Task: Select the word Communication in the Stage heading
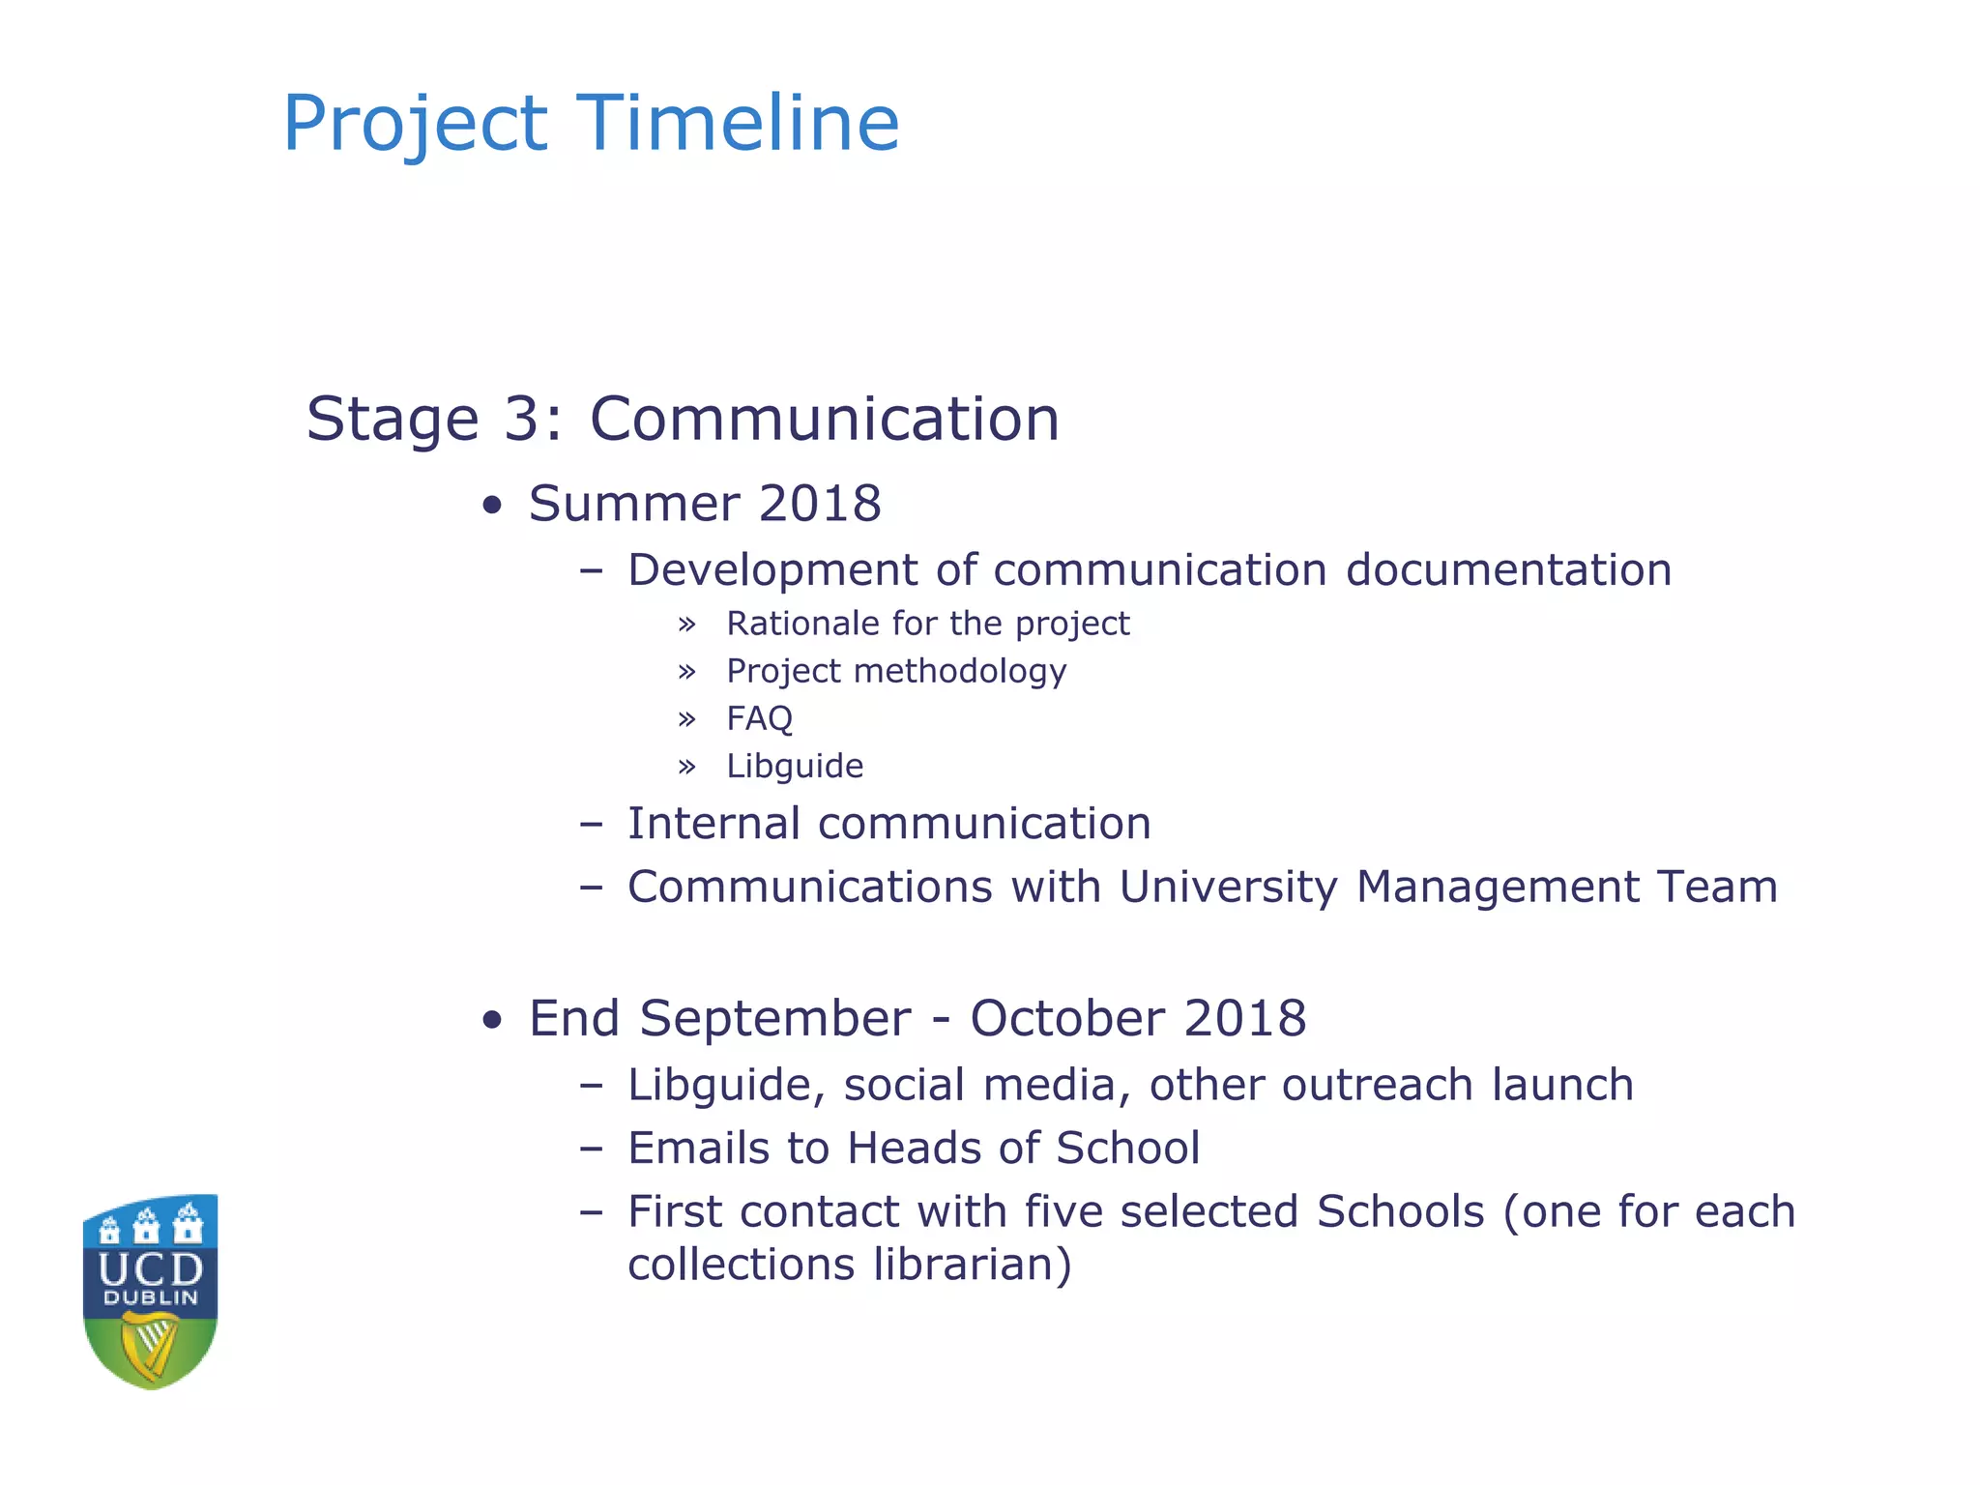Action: click(824, 419)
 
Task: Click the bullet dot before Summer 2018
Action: click(493, 506)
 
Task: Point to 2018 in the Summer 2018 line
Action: click(820, 504)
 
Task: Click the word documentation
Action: click(1508, 569)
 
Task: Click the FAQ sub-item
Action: click(759, 718)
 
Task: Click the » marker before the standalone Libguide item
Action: click(686, 767)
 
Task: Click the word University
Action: click(1228, 888)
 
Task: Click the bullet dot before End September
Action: click(493, 1020)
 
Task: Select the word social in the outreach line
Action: click(904, 1085)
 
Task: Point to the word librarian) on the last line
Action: click(973, 1265)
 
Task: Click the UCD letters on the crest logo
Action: click(151, 1268)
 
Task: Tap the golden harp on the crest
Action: click(151, 1346)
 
